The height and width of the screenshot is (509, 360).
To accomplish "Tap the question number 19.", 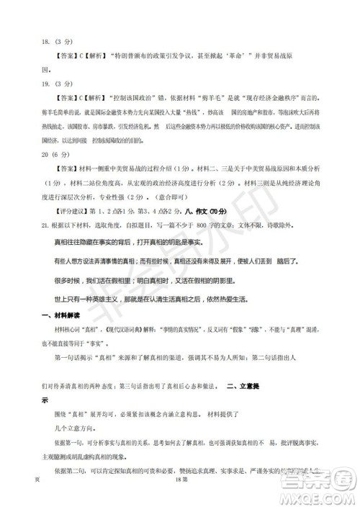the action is point(46,84).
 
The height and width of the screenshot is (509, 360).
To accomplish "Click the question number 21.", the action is point(45,225).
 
